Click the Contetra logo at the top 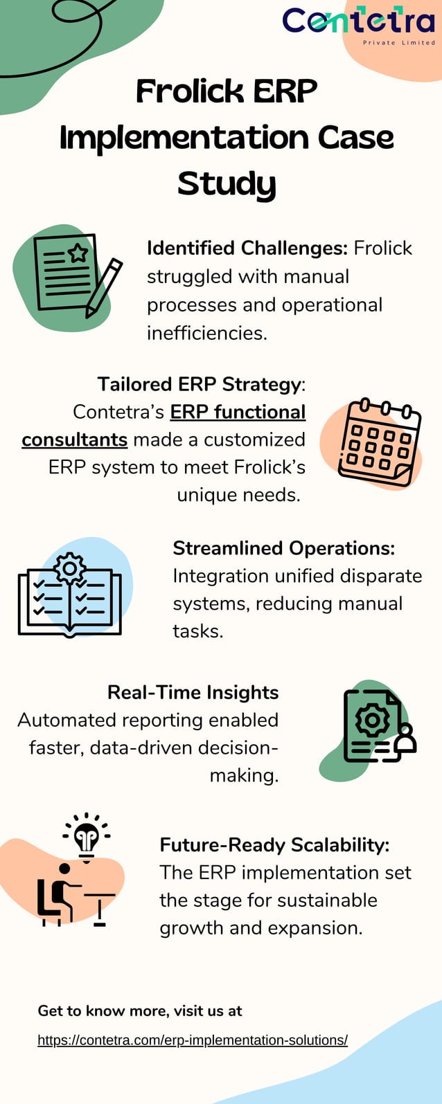358,24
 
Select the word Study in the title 227,183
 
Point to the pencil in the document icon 104,287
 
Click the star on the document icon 78,253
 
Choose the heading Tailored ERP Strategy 200,384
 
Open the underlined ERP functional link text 238,412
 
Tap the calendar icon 378,442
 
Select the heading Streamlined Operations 283,548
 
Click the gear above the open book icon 69,569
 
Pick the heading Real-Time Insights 193,692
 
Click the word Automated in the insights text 67,720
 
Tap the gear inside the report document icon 373,721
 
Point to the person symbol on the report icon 405,739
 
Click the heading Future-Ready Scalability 274,844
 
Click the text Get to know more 103,1011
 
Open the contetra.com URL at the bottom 193,1040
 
